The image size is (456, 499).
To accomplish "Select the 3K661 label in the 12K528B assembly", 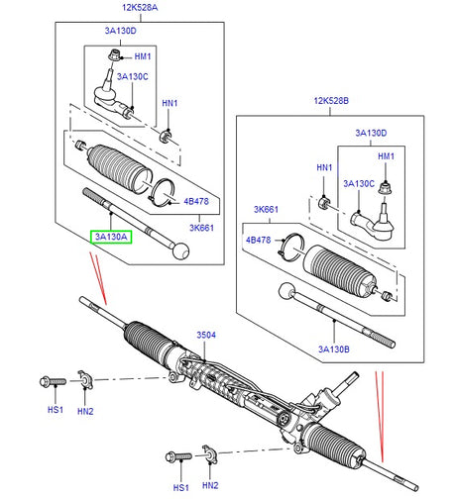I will [264, 211].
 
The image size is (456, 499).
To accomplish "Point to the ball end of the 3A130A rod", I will [180, 250].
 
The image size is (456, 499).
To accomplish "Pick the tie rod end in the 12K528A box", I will [108, 95].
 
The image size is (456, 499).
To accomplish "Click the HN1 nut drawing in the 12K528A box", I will [165, 135].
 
